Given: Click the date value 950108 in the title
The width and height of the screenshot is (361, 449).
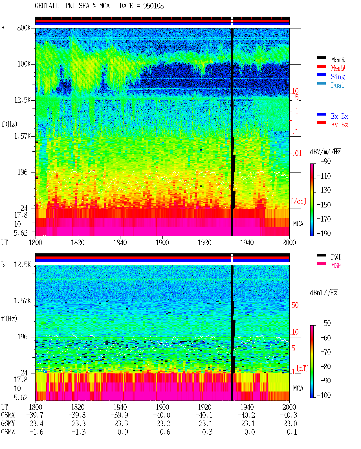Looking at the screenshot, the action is click(x=153, y=6).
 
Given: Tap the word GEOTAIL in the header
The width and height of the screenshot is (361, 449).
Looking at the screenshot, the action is click(x=47, y=6).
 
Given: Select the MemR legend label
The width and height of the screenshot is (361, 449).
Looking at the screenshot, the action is click(x=338, y=60).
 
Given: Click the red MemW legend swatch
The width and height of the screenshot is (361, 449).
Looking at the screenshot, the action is click(x=321, y=66).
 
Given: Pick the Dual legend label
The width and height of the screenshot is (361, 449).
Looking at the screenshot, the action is click(x=337, y=85).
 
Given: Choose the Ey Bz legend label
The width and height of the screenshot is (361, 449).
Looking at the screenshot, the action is click(x=339, y=125).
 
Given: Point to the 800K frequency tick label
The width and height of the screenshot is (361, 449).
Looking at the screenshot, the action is click(x=24, y=28).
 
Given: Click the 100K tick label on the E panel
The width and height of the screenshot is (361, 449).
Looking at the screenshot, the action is click(x=24, y=64).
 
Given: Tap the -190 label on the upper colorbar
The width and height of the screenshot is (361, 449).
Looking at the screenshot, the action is click(x=323, y=233).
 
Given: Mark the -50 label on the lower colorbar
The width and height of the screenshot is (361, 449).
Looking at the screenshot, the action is click(x=325, y=323).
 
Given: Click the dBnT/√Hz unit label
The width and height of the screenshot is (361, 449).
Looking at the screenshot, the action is click(x=323, y=293).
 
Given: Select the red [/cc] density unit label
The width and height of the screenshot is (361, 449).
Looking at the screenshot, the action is click(x=299, y=201).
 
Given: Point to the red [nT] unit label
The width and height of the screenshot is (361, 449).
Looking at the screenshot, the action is click(x=303, y=368).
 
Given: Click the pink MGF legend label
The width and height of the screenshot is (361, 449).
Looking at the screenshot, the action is click(x=336, y=266).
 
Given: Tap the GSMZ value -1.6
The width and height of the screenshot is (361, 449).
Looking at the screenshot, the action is click(x=36, y=432).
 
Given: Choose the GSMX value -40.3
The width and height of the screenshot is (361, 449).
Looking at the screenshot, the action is click(x=289, y=415).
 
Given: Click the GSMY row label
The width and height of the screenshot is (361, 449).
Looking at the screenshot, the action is click(x=8, y=424).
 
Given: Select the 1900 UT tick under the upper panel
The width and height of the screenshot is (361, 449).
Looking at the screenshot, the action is click(x=162, y=243).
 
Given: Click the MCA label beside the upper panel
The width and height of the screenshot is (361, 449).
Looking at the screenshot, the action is click(x=298, y=224).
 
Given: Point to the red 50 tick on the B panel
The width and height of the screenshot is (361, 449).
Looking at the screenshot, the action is click(x=295, y=305).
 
